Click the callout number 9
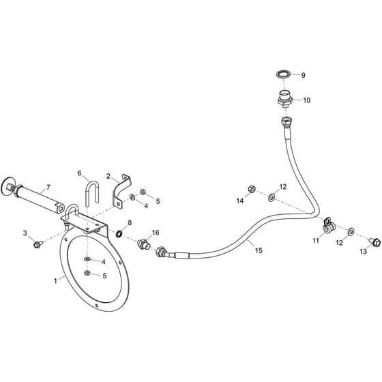[303, 75]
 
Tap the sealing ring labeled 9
[284, 74]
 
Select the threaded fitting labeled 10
[285, 99]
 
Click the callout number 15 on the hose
[259, 250]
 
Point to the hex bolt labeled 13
[375, 242]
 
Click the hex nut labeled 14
[252, 188]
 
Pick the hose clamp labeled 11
[328, 226]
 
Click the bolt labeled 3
[38, 244]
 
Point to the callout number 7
[48, 187]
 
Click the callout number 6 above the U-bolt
[79, 173]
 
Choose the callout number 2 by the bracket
[108, 176]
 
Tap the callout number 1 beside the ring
[55, 281]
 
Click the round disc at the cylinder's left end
[8, 186]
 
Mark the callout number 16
[156, 233]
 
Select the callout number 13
[363, 251]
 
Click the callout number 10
[307, 100]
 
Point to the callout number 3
[25, 233]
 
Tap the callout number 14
[240, 201]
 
